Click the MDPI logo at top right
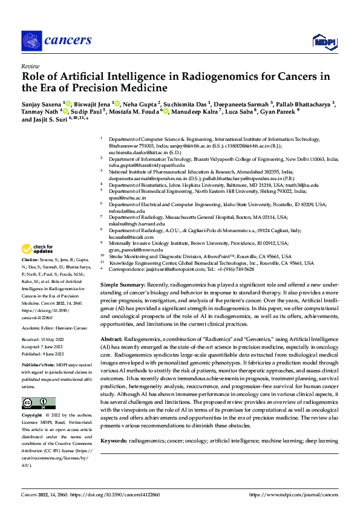click(x=321, y=41)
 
